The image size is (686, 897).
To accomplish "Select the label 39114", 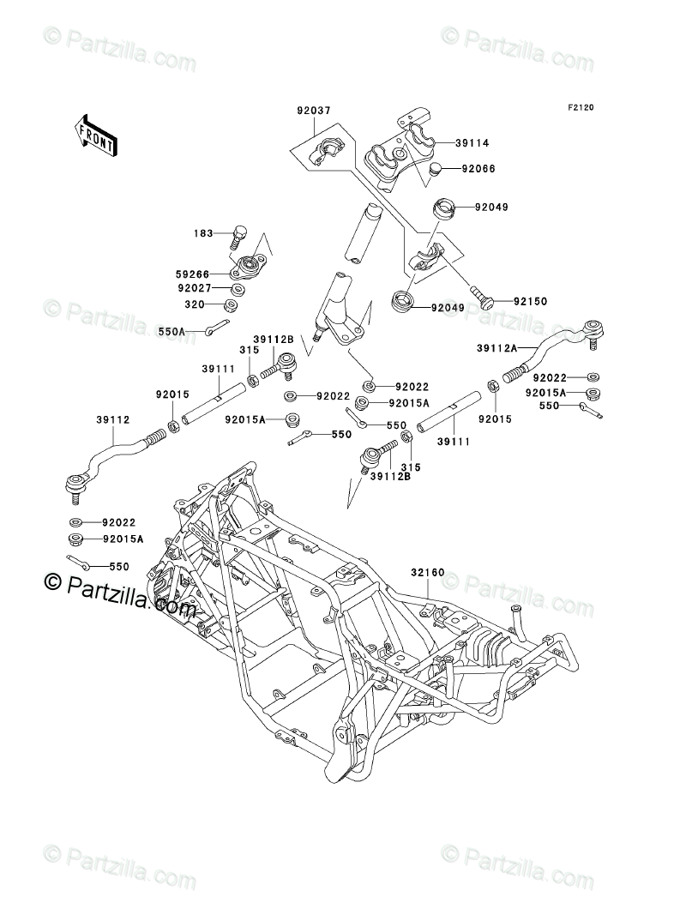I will point(471,146).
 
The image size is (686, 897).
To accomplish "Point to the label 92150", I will point(531,302).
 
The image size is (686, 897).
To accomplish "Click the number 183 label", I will point(203,233).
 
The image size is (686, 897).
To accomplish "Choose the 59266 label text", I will point(193,274).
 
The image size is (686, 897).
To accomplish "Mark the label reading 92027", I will point(193,290).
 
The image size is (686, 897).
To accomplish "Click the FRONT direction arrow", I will point(95,135).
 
